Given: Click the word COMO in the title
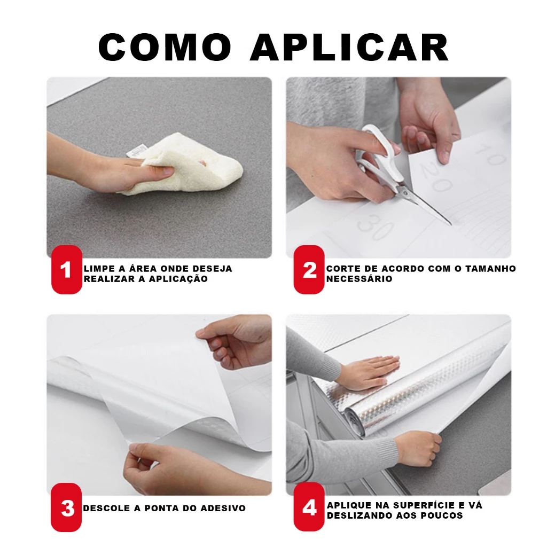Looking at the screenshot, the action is pos(165,47).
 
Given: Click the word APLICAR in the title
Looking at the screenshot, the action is pos(349,47).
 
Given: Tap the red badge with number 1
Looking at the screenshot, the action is pos(67,270).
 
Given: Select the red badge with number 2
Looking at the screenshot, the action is pos(309,270).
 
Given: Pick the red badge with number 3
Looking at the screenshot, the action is pos(67,507).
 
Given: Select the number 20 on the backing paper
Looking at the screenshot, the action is pos(434,177).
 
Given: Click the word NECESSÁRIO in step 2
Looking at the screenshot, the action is pos(360,279).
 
